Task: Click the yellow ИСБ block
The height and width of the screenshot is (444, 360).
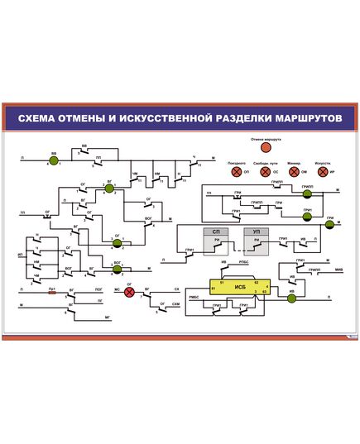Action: click(x=241, y=287)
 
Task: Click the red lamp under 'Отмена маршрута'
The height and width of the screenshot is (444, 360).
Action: click(x=266, y=149)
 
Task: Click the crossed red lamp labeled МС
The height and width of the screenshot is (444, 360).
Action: click(x=129, y=291)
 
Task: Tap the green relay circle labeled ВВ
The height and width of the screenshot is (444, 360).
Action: click(x=54, y=158)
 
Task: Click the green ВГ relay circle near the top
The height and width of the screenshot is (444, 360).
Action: click(x=109, y=189)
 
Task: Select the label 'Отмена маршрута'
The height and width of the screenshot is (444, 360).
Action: click(x=266, y=140)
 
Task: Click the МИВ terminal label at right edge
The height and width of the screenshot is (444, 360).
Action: click(x=338, y=270)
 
